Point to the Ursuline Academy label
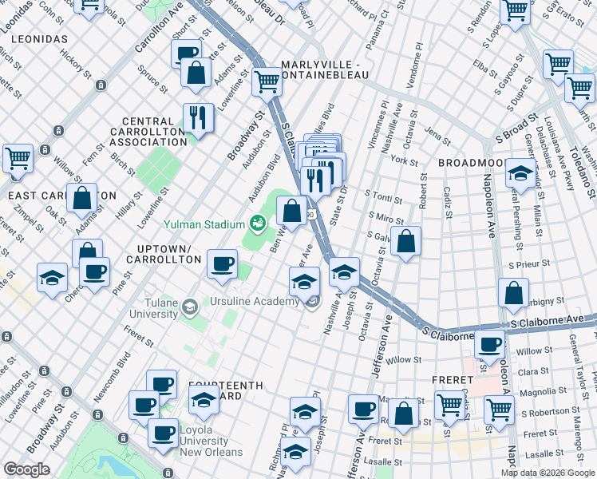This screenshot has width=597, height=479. click(x=255, y=302)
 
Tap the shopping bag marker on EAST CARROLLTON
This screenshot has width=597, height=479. click(x=81, y=197)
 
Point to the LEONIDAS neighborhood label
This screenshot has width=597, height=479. click(x=34, y=39)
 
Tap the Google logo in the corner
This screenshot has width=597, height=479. click(x=26, y=469)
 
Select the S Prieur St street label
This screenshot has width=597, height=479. click(x=533, y=263)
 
